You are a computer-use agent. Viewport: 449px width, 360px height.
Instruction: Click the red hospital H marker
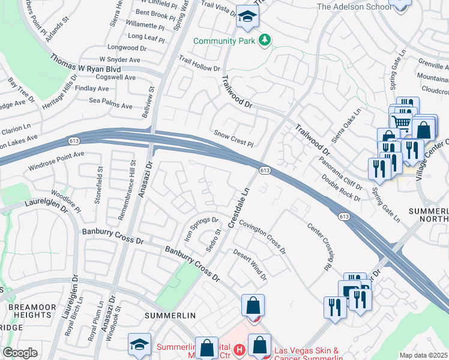coord(240,349)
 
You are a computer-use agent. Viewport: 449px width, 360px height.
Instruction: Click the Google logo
coord(20,353)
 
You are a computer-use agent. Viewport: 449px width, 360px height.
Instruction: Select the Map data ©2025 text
coord(423,355)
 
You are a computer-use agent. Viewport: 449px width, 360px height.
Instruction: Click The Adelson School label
coord(350,7)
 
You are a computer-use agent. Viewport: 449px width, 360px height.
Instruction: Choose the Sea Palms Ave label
coord(110,106)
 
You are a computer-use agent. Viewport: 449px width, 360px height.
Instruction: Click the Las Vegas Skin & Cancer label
coord(306,351)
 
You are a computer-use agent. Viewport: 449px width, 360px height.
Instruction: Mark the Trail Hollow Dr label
coord(200,64)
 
